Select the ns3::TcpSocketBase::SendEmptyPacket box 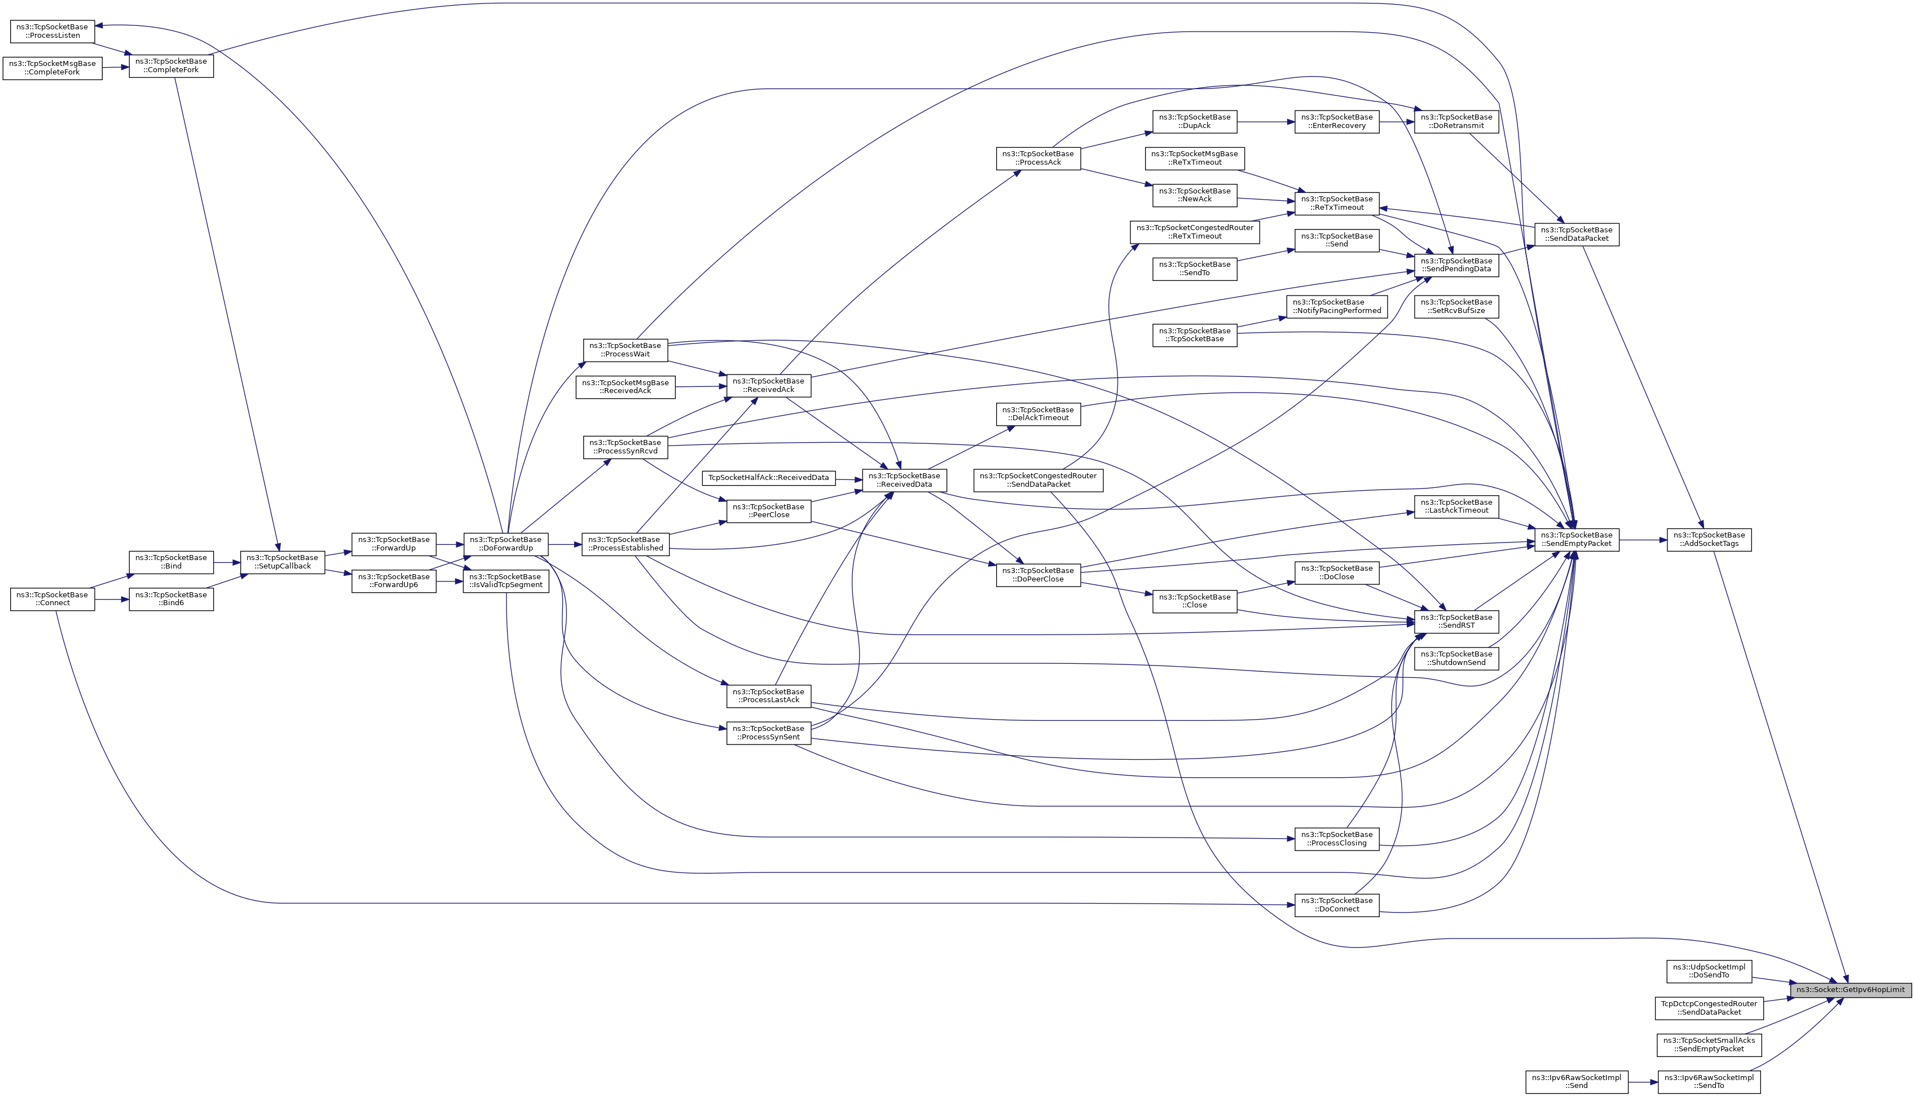pos(1577,539)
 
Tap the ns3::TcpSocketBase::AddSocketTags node pos(1709,539)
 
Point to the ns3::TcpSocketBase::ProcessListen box pos(52,31)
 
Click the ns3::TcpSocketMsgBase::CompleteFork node pos(52,68)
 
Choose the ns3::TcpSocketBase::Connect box pos(52,599)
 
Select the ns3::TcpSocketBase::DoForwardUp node pos(505,544)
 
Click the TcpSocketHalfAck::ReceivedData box pos(768,478)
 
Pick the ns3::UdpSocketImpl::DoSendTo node pos(1709,971)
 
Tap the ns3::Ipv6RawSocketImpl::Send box pos(1577,1082)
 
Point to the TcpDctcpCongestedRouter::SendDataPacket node pos(1709,1008)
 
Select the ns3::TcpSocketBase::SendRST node pos(1456,622)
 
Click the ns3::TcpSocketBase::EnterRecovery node pos(1337,121)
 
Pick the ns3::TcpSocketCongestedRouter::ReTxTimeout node pos(1195,232)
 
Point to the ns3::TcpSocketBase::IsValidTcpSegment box pos(505,581)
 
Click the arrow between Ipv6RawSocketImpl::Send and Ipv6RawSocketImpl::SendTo pos(1643,1082)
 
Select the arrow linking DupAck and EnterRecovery pos(1266,121)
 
